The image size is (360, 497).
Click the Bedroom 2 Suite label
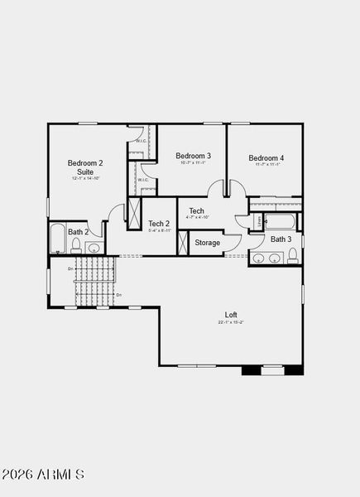85,167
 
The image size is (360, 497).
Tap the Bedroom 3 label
193,156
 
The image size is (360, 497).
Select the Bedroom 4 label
266,158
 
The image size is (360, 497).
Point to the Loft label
231,315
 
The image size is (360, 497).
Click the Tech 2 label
159,224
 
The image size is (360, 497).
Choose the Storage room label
208,243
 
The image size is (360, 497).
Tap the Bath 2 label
78,233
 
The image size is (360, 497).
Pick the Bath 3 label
281,239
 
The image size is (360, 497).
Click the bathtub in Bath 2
58,239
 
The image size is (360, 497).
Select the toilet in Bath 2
76,247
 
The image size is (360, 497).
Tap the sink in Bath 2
94,248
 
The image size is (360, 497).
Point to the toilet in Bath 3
292,255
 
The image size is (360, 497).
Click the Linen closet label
260,221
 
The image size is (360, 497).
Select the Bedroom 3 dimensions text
193,163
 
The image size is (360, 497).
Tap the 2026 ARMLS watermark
43,475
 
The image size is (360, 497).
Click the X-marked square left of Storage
183,243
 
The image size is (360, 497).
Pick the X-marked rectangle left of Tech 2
134,212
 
